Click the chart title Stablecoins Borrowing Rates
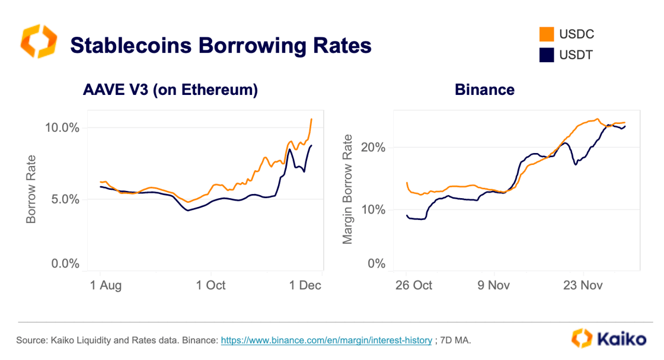[x=221, y=46]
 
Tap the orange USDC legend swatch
[x=546, y=34]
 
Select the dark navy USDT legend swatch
[x=546, y=55]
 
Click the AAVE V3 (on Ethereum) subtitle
[x=170, y=90]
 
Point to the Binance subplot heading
[x=484, y=90]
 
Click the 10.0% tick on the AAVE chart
[x=62, y=128]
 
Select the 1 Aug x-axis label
[x=105, y=285]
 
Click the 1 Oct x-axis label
[x=210, y=285]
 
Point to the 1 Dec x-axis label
[x=305, y=285]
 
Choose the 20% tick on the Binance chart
[x=373, y=147]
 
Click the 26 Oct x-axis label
[x=413, y=285]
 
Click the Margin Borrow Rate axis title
[x=348, y=189]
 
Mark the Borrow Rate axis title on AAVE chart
[x=31, y=189]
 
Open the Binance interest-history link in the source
[x=326, y=340]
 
